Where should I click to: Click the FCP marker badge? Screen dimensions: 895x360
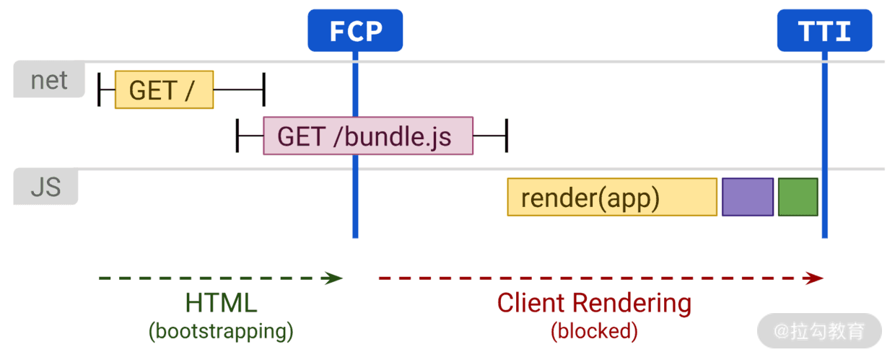[355, 30]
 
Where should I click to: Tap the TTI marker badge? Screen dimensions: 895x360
[825, 30]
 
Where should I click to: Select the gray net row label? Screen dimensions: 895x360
[49, 79]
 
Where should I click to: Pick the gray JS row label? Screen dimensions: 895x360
[45, 187]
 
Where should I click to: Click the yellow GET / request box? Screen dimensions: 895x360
[165, 89]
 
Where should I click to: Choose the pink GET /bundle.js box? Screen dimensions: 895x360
[368, 136]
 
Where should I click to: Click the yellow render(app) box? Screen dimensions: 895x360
[612, 197]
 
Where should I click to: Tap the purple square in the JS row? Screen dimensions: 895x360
[748, 197]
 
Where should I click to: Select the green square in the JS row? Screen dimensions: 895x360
[798, 197]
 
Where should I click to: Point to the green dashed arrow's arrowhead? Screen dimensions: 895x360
[334, 278]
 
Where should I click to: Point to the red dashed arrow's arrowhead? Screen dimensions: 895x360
[814, 278]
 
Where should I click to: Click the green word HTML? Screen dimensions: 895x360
[221, 302]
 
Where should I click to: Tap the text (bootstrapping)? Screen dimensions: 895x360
[221, 331]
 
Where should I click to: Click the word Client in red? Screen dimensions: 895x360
[532, 302]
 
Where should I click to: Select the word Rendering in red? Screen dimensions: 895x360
[632, 304]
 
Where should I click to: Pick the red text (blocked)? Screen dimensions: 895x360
[594, 331]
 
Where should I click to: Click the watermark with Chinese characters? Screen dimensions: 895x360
[819, 331]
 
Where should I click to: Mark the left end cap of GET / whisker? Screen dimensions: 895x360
[99, 89]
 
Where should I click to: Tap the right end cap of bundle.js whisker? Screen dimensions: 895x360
[507, 136]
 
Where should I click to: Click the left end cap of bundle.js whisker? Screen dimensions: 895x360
[237, 136]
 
